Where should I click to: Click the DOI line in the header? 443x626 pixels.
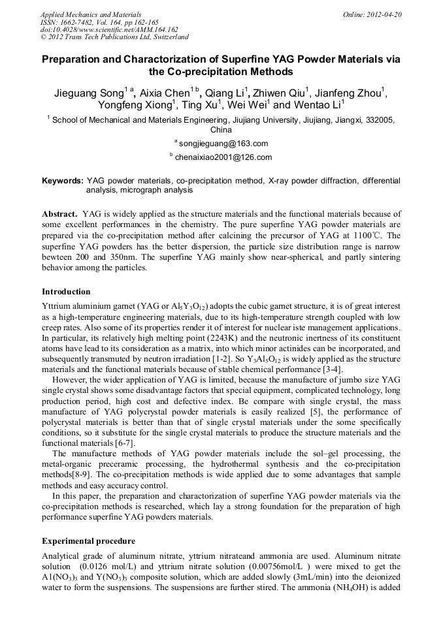click(x=109, y=29)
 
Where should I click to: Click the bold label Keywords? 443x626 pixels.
click(x=63, y=180)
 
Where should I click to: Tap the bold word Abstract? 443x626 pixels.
click(x=61, y=214)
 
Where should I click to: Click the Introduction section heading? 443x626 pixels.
click(x=66, y=291)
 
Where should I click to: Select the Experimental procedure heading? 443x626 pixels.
click(x=88, y=541)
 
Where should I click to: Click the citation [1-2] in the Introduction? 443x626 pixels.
click(x=211, y=358)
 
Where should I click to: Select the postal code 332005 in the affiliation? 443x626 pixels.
click(x=379, y=120)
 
